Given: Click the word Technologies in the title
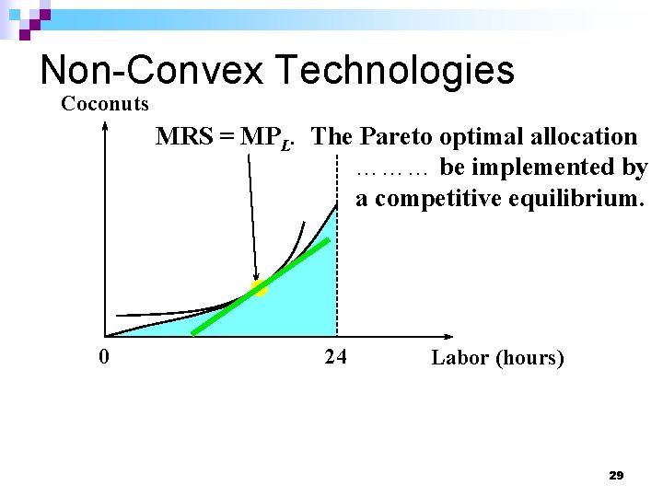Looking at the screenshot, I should pyautogui.click(x=393, y=70).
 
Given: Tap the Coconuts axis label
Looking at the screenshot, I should pyautogui.click(x=104, y=104).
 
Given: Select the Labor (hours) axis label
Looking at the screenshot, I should pyautogui.click(x=497, y=358).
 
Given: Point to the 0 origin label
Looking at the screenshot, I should pyautogui.click(x=105, y=357).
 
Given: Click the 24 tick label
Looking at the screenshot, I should pyautogui.click(x=335, y=357).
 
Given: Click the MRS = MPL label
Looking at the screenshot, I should pyautogui.click(x=226, y=138).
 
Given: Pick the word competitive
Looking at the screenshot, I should pyautogui.click(x=438, y=199).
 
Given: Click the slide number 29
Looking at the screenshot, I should pyautogui.click(x=616, y=476).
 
